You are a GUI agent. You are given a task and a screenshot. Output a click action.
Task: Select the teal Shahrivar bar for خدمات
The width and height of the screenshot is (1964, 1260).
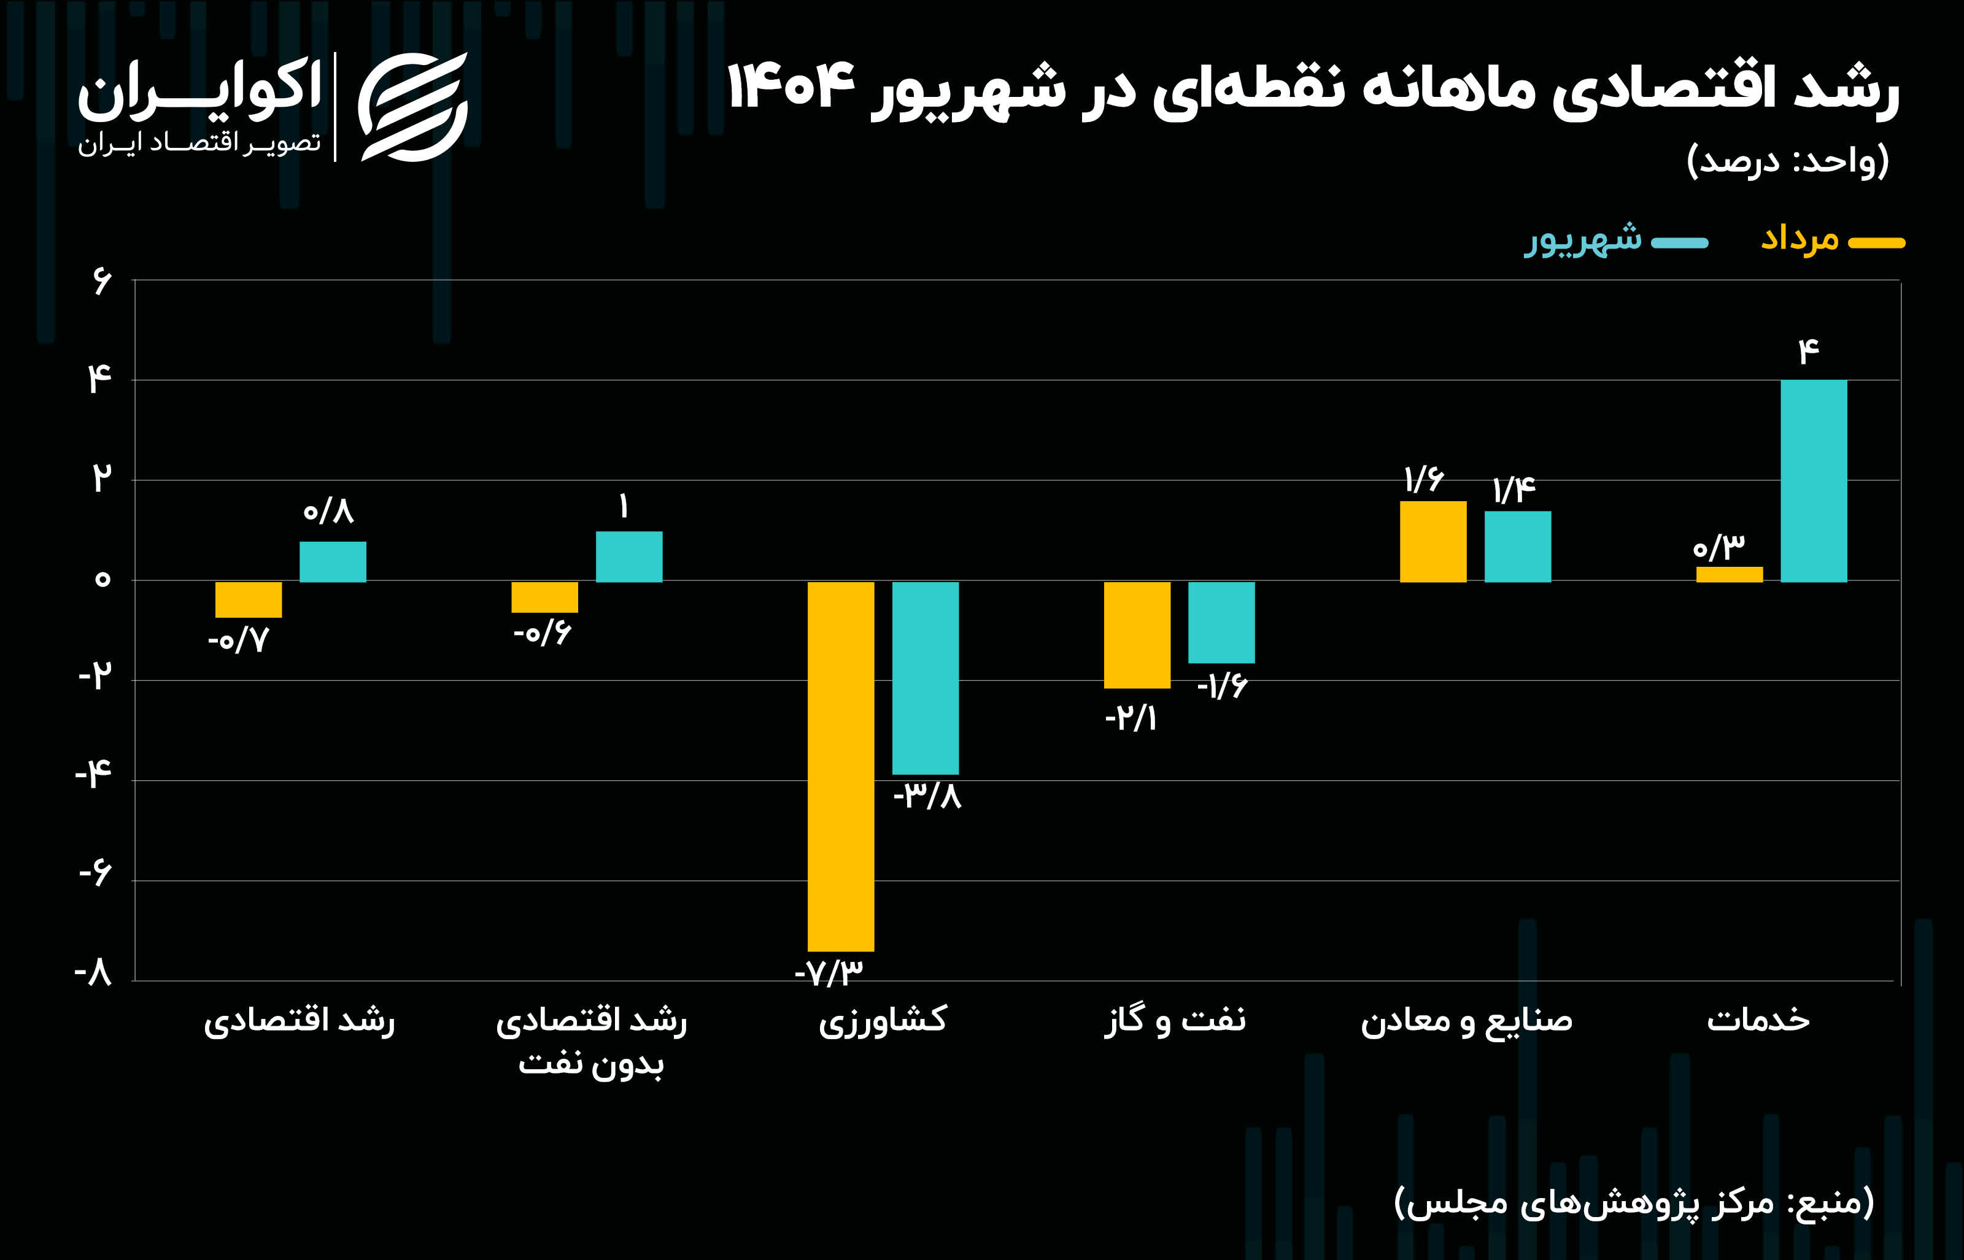click(x=1814, y=481)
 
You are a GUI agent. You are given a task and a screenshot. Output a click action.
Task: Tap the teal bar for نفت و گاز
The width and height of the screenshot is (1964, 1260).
click(x=1221, y=622)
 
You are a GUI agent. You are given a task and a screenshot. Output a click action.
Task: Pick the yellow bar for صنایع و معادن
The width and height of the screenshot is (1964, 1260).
click(x=1433, y=542)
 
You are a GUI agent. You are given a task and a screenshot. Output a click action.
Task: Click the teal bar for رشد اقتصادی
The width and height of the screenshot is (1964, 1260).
click(x=332, y=561)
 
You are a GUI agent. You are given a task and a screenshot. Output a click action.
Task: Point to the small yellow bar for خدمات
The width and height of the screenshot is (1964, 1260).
click(x=1729, y=574)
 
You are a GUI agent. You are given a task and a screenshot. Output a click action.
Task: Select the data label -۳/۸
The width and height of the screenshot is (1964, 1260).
click(x=927, y=795)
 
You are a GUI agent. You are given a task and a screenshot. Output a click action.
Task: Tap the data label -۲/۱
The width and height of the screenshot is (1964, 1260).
click(x=1131, y=719)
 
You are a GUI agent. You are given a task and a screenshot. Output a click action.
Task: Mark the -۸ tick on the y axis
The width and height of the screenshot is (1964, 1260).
click(x=93, y=974)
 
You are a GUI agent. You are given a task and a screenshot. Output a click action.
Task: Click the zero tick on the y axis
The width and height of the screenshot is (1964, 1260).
click(x=101, y=580)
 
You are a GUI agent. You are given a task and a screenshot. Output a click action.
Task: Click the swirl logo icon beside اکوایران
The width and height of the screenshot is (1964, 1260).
click(x=412, y=106)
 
